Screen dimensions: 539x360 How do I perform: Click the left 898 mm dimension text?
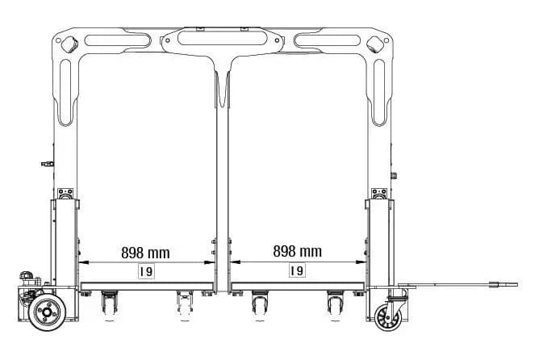click(x=145, y=253)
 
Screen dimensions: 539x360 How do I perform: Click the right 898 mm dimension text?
click(x=298, y=251)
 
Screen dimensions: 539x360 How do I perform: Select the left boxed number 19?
click(x=146, y=271)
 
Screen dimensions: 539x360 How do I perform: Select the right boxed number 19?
click(x=297, y=270)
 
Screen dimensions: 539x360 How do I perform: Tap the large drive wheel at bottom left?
click(x=47, y=312)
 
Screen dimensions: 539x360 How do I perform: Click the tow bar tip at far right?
click(x=516, y=284)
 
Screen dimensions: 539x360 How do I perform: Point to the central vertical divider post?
click(x=223, y=182)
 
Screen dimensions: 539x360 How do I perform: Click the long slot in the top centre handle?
click(x=222, y=38)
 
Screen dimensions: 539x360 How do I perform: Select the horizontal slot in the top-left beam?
click(x=118, y=40)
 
